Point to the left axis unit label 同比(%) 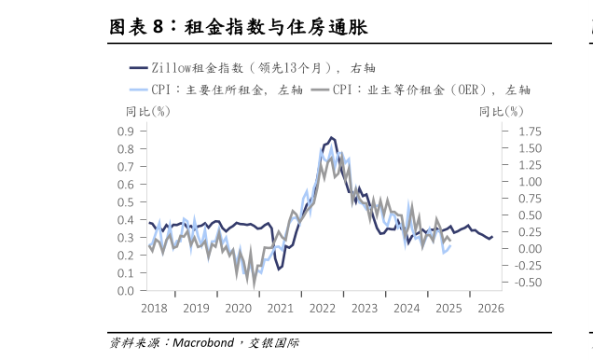[x=147, y=112]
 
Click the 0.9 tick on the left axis [x=126, y=131]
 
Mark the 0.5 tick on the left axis [x=126, y=201]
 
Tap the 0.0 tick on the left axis [x=126, y=291]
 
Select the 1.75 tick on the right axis [x=527, y=131]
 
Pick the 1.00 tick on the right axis [x=527, y=181]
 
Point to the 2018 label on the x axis [x=153, y=309]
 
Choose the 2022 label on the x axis [x=323, y=309]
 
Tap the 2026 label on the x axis [x=490, y=309]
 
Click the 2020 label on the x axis [x=238, y=309]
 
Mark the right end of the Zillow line [x=492, y=238]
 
